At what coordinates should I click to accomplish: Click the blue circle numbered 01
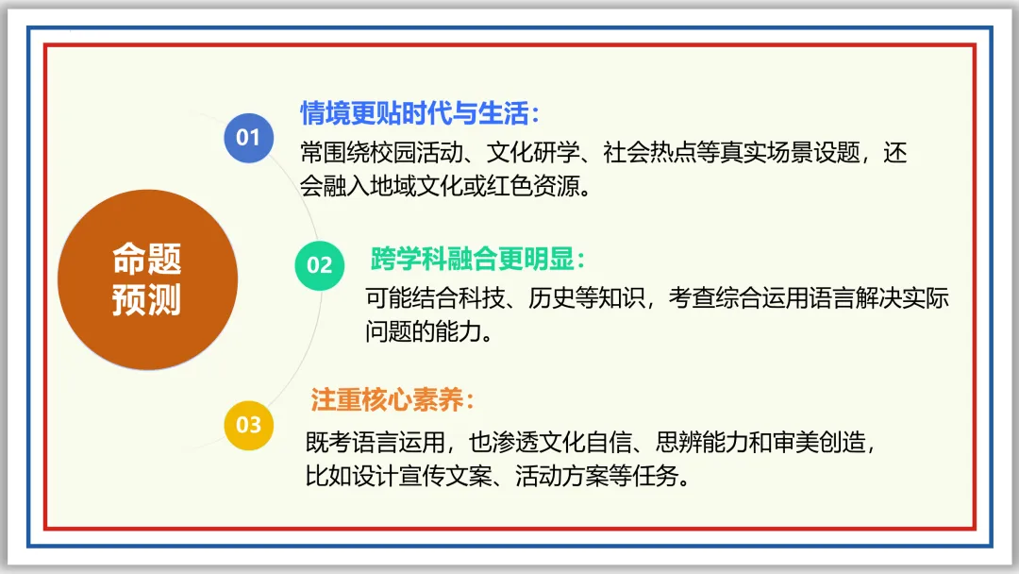248,138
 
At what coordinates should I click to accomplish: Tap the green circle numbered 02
320,265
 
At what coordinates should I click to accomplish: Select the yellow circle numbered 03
248,425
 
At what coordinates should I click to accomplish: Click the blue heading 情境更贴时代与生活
420,114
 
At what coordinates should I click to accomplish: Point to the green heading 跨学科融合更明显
478,259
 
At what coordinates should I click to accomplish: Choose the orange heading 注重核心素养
392,400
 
